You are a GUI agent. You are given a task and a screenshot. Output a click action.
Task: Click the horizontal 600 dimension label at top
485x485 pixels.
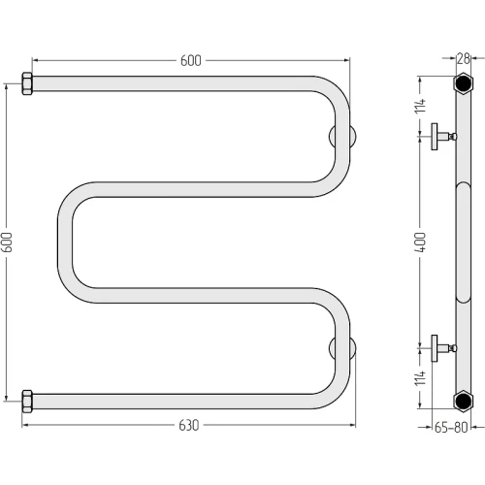tap(191, 60)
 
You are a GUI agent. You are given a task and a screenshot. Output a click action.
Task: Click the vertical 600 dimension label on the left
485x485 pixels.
tap(7, 242)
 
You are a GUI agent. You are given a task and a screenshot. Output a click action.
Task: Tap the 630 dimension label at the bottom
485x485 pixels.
tap(189, 425)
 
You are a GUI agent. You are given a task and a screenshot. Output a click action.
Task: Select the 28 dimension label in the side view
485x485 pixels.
tap(463, 58)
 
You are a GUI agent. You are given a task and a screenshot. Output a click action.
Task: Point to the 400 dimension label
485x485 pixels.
tap(421, 242)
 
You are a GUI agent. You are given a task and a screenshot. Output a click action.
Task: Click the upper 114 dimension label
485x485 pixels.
tap(421, 106)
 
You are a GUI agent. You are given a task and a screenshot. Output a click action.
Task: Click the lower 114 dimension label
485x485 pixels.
tap(421, 378)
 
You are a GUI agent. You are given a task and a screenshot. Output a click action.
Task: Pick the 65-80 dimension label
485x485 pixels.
tap(451, 427)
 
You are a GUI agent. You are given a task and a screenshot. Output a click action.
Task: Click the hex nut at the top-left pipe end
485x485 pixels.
tap(27, 83)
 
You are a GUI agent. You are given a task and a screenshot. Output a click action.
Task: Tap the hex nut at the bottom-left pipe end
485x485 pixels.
tap(27, 402)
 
